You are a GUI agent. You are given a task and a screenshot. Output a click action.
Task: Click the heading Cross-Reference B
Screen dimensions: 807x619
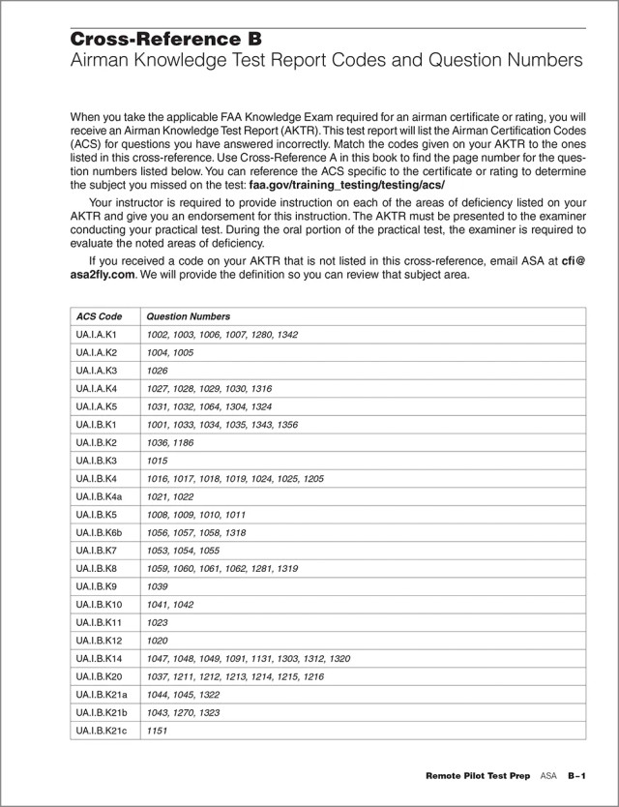tap(165, 40)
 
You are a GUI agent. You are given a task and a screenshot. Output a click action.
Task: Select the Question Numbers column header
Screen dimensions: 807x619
tap(188, 316)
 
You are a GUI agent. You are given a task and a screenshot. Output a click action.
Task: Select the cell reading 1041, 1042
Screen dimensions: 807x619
tap(170, 605)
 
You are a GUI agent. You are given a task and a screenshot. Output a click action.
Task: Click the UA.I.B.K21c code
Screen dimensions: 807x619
tap(103, 731)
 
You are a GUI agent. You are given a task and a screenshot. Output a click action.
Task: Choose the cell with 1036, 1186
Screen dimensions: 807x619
tap(170, 442)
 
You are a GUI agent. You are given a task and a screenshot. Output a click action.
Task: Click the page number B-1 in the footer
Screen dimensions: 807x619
tap(578, 777)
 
